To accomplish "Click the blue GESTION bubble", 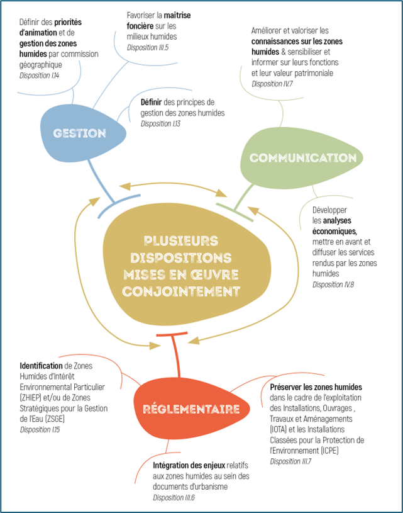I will [x=79, y=133].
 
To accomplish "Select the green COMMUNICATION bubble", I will [x=294, y=157].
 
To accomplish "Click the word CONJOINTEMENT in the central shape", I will [x=182, y=291].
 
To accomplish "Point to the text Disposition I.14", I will [x=40, y=75].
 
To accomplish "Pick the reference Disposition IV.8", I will [x=333, y=285].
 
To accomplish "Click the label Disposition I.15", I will [x=40, y=430].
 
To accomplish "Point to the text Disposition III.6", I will [x=174, y=497].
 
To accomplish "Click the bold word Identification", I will [x=40, y=365].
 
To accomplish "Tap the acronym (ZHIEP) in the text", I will [x=33, y=398].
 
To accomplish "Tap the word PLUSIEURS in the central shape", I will [x=181, y=240].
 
